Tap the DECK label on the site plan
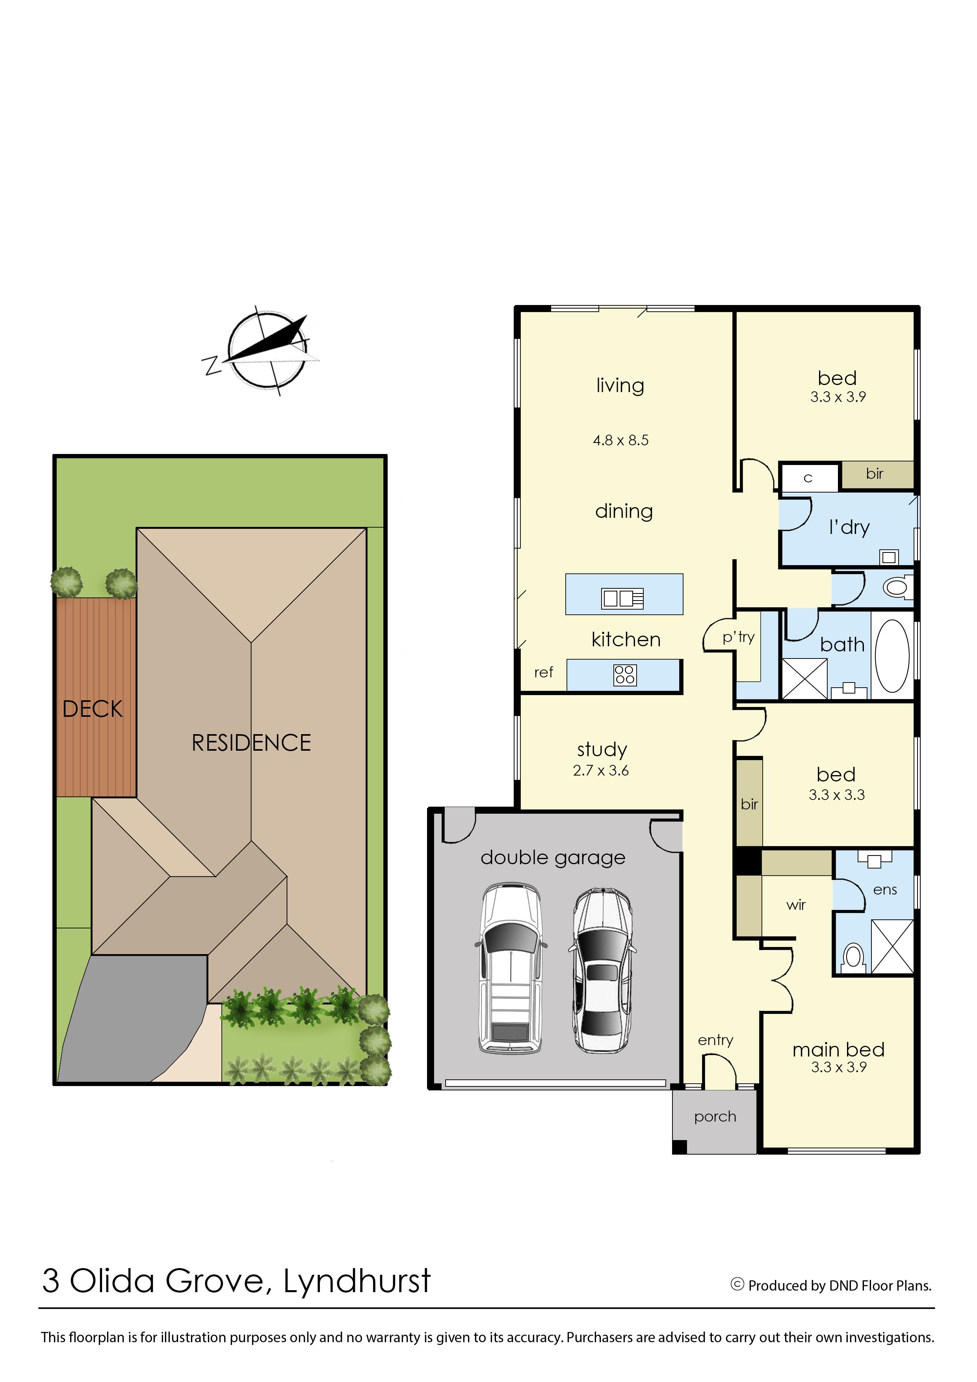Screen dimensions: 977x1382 click(93, 709)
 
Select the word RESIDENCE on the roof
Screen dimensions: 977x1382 click(251, 743)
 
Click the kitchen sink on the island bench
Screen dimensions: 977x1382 click(623, 598)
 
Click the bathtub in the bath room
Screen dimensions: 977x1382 click(892, 656)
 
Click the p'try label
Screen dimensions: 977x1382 click(739, 638)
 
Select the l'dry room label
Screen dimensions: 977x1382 click(849, 527)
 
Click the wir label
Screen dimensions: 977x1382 click(796, 905)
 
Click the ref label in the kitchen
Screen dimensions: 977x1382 click(544, 672)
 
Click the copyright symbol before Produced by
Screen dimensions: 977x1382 click(737, 1285)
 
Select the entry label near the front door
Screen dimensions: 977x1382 click(715, 1040)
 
